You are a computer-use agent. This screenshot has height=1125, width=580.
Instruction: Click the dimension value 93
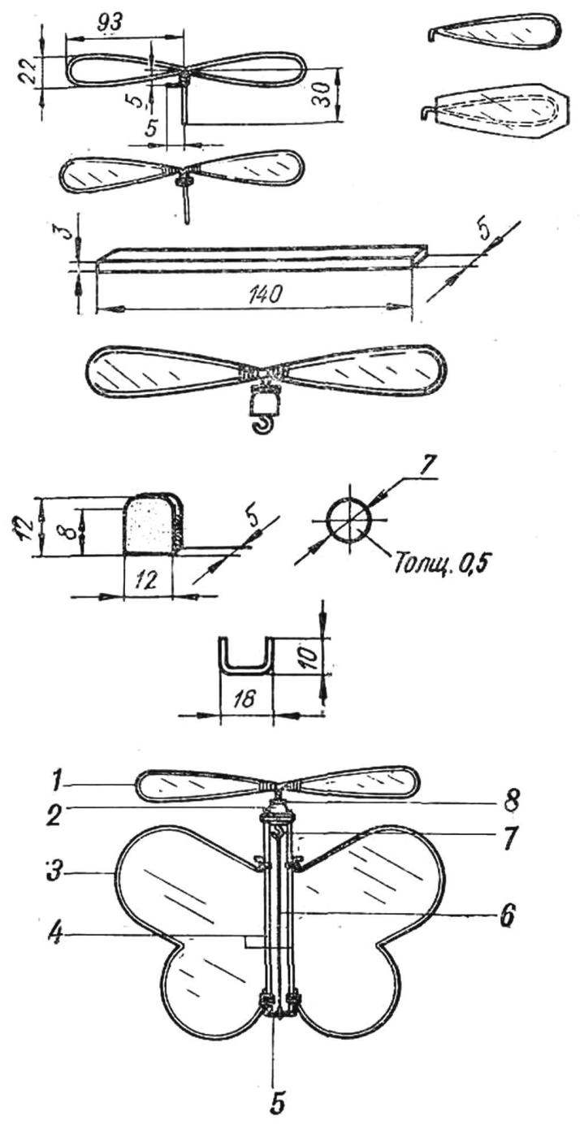[109, 23]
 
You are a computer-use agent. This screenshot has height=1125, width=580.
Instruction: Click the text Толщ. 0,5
[439, 565]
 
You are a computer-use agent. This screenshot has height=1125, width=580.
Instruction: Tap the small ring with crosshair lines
[348, 521]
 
